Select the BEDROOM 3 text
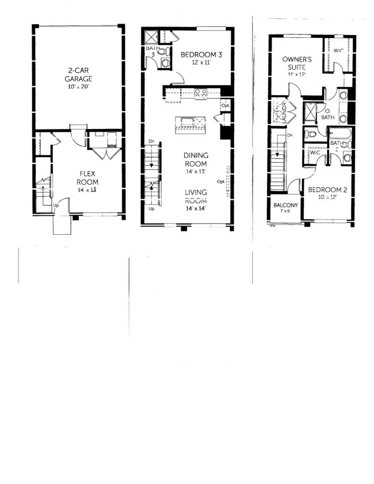201,55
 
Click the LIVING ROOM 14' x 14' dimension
196,208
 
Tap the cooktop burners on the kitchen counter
201,92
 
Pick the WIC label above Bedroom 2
315,154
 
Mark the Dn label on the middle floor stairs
151,141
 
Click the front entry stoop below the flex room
62,224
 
